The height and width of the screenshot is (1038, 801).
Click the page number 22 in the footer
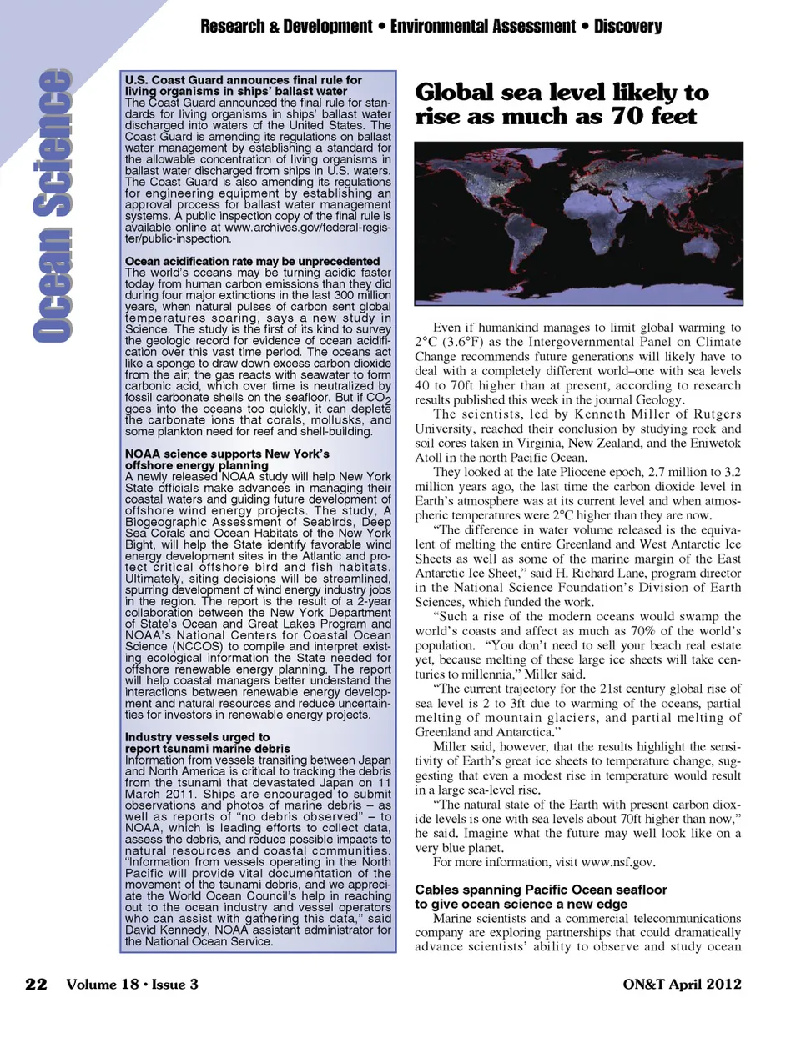(36, 984)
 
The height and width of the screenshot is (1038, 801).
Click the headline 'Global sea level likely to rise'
(562, 104)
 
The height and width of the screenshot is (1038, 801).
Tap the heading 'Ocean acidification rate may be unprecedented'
(252, 261)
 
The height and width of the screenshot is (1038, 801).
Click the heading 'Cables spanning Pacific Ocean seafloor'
(541, 890)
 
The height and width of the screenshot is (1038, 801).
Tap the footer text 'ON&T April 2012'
(682, 984)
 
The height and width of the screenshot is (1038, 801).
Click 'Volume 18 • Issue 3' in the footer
(132, 984)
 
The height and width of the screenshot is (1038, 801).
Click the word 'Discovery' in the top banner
(627, 27)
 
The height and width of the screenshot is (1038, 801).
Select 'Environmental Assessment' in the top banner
(482, 27)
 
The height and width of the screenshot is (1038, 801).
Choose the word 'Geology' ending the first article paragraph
(659, 400)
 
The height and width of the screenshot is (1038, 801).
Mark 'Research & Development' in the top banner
(286, 27)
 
